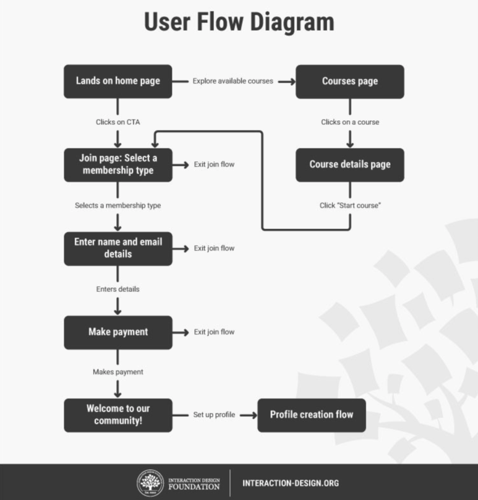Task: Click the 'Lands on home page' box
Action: pos(117,81)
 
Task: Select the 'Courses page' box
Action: pos(349,81)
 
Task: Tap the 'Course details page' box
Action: pos(349,165)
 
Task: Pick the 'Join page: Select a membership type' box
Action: pos(117,165)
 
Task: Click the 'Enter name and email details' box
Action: pos(117,248)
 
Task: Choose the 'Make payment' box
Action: pos(117,332)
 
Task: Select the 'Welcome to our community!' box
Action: pos(117,415)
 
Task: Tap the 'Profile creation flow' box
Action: pos(311,415)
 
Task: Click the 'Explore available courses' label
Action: pos(233,81)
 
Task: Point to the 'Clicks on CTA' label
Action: pos(117,122)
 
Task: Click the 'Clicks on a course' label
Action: pos(350,122)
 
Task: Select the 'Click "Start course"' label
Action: pos(350,205)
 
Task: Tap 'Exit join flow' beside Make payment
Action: pos(214,332)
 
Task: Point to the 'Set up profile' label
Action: pos(214,415)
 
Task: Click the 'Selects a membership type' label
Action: pos(117,205)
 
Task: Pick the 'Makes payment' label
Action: pos(117,372)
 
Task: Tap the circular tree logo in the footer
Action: pos(150,483)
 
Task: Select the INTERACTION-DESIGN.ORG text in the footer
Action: pos(291,483)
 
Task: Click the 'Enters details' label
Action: pos(117,289)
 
